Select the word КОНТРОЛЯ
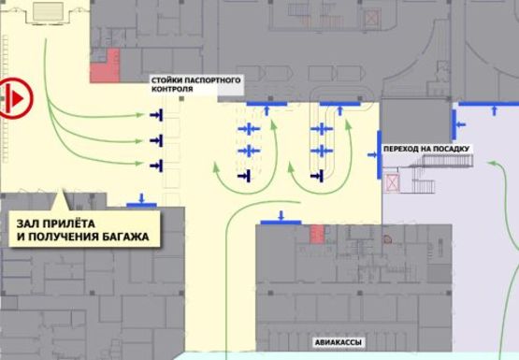coord(172,92)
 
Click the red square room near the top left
coord(111,60)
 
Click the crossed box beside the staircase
coord(393,180)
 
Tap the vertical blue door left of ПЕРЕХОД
coord(379,154)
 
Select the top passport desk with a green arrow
coord(155,114)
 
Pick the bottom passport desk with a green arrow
coord(155,166)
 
